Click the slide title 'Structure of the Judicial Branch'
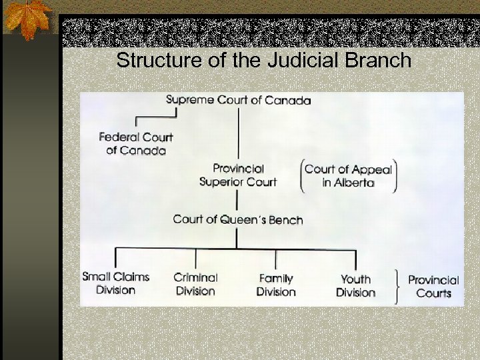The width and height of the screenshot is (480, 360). coord(263,61)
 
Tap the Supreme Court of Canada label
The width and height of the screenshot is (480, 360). coord(238,101)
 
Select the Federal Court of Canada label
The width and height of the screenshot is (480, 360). coord(135,143)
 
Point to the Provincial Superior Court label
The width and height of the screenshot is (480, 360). coord(238,175)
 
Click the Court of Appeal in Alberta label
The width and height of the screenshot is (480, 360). coord(348,176)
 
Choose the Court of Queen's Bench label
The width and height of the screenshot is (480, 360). coord(238,219)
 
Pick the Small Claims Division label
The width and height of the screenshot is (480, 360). coord(115,283)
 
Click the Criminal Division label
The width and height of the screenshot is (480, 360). coord(195,284)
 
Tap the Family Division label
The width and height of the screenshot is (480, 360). coord(275,285)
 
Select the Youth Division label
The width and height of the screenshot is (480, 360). coord(355,285)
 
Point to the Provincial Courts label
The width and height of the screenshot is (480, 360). coord(433,287)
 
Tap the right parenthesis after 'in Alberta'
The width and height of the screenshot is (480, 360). coord(395,176)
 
